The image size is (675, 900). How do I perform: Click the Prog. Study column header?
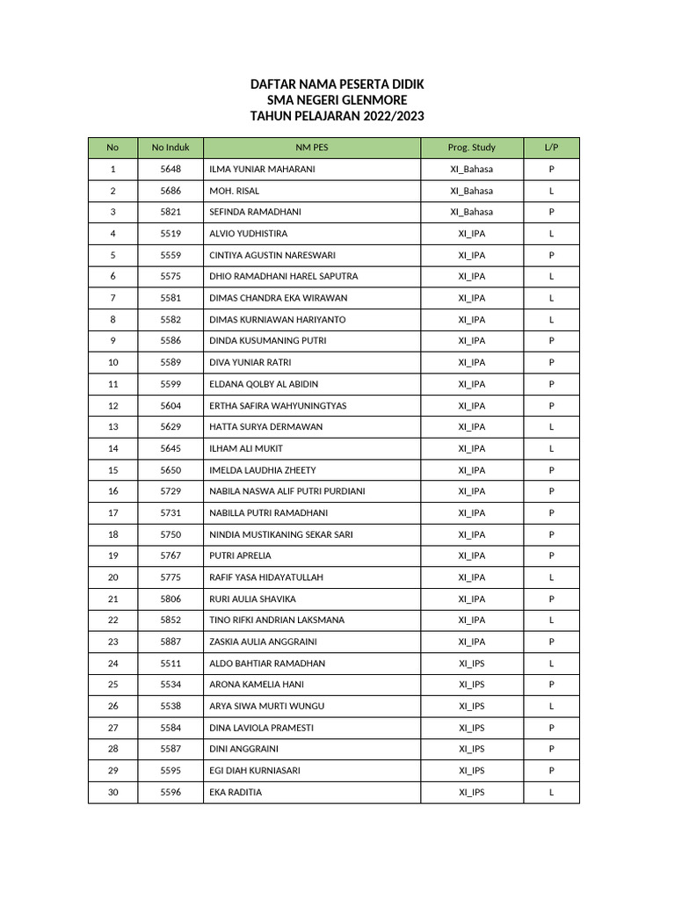point(472,148)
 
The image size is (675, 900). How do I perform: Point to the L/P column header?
point(551,148)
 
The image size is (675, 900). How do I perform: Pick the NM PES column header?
point(311,148)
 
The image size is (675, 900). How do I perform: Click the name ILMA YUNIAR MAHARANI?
point(262,169)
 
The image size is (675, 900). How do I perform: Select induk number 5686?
point(171,191)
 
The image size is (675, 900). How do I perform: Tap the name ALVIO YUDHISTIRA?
point(248,234)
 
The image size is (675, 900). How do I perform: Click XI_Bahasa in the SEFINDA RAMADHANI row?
point(472,212)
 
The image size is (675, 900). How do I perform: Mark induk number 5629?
point(171,426)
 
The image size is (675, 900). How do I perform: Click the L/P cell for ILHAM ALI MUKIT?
point(551,448)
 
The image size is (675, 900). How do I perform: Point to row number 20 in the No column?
point(112,577)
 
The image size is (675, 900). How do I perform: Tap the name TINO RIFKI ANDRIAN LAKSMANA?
point(276,620)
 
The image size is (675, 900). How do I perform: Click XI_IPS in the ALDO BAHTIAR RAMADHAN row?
point(472,663)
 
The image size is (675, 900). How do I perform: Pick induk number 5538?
point(171,706)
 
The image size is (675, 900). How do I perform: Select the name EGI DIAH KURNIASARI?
point(255,771)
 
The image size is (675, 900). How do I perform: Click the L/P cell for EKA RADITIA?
point(551,792)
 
